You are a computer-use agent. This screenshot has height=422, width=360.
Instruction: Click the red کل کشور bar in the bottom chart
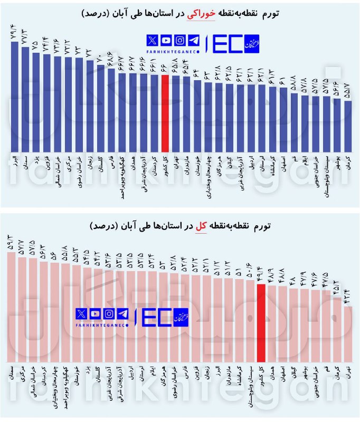click(x=260, y=322)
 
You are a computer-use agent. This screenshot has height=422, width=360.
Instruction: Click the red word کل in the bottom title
click(x=201, y=226)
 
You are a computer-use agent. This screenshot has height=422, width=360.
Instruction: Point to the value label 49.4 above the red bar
click(x=260, y=273)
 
